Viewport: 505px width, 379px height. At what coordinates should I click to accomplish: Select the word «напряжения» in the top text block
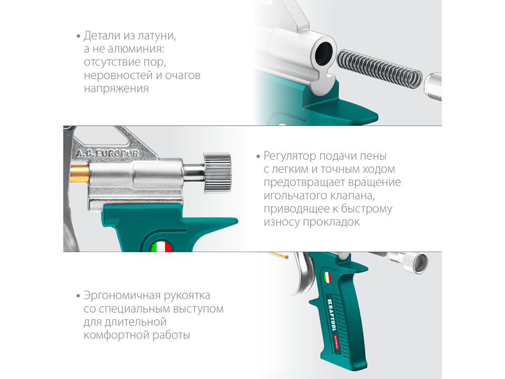click(116, 88)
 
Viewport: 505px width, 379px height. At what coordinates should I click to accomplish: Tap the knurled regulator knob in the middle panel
click(217, 173)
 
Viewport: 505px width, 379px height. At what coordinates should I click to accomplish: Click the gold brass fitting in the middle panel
click(80, 174)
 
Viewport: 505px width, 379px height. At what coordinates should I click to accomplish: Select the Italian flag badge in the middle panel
click(161, 247)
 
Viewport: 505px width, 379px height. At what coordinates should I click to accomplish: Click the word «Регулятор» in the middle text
click(290, 156)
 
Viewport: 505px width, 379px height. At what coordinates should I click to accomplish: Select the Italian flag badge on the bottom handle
click(327, 277)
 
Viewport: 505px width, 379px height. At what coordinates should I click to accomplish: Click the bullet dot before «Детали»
click(78, 36)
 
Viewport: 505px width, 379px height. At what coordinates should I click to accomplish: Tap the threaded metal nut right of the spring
click(433, 86)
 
